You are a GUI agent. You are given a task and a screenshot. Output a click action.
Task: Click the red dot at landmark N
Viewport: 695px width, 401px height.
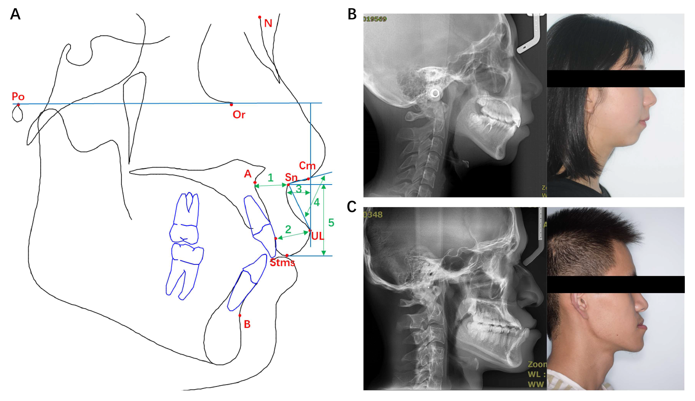click(x=260, y=17)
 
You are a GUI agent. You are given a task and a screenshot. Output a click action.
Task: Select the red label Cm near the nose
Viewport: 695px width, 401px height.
click(x=307, y=166)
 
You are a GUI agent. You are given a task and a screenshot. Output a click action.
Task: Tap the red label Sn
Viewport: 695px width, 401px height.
click(x=291, y=177)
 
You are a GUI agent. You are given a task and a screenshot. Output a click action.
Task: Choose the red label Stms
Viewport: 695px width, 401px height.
click(x=282, y=263)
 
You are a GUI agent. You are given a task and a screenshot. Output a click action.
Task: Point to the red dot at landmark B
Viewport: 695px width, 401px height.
click(x=240, y=315)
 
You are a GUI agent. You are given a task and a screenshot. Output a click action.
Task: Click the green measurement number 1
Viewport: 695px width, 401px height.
click(x=270, y=178)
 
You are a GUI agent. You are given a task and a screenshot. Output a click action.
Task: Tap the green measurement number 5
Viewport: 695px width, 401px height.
click(x=331, y=223)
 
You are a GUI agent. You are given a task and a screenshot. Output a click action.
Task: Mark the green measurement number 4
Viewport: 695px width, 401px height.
click(x=317, y=203)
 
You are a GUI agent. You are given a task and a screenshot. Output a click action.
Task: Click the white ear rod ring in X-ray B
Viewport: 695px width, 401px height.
click(x=435, y=93)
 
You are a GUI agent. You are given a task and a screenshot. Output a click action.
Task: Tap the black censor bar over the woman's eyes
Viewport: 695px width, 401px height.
click(x=615, y=79)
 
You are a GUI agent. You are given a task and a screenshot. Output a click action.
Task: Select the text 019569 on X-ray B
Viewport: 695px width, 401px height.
click(x=375, y=19)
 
